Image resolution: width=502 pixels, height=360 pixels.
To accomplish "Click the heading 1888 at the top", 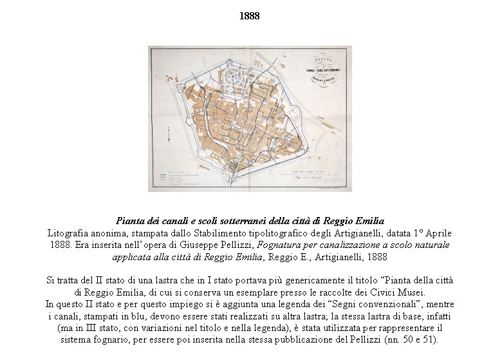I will tap(249, 16).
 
